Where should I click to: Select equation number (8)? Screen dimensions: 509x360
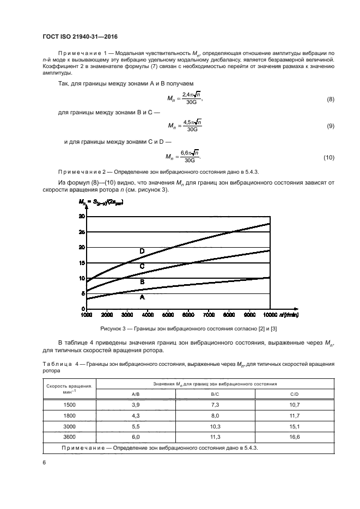[330, 100]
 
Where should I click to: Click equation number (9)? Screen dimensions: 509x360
[330, 127]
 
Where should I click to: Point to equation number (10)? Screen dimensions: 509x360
[328, 157]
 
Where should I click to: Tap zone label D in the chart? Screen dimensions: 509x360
[142, 251]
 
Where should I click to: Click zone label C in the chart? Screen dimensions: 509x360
[142, 266]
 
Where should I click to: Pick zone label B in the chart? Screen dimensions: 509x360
[142, 282]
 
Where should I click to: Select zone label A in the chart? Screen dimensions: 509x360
[142, 298]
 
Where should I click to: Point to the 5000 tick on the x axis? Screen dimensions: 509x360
[167, 315]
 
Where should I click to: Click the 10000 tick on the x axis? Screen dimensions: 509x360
[270, 315]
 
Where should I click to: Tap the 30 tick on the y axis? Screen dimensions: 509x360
[82, 216]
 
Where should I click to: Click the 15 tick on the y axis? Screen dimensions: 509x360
[82, 263]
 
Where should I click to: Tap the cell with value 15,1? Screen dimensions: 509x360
[295, 426]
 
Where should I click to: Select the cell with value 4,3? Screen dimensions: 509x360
[136, 415]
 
